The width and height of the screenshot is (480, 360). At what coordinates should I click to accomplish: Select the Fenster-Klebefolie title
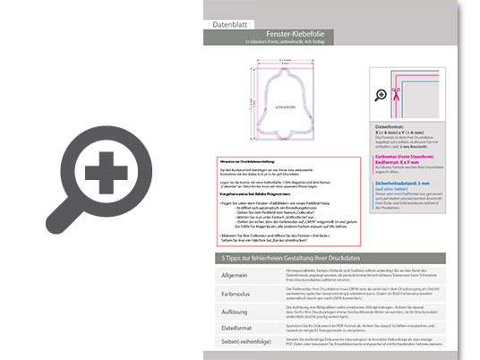pos(292,30)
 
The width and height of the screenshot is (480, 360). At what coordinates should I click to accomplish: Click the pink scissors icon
pos(382,92)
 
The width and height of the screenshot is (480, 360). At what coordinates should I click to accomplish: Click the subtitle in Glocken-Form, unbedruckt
pos(292,41)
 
